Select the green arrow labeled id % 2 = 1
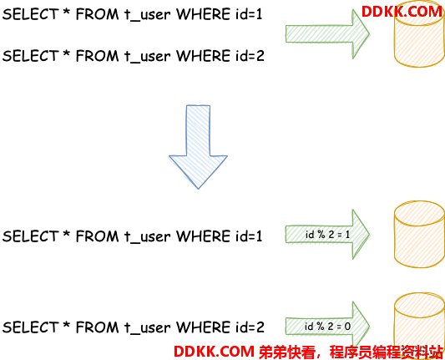coord(327,234)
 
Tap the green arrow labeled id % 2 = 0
coord(327,327)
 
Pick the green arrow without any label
coord(327,34)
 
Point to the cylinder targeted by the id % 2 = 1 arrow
coord(419,234)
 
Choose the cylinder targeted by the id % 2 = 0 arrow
coord(419,327)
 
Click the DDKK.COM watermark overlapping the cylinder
coord(402,12)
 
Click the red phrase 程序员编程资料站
coord(386,352)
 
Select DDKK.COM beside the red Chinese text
coord(214,352)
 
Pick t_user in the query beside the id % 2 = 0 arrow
coord(147,328)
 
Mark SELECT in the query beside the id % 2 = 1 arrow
coord(30,236)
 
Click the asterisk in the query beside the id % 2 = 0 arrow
coord(67,324)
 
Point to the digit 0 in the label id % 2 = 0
coord(347,327)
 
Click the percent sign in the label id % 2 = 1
coord(321,235)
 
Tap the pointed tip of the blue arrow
coord(198,189)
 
